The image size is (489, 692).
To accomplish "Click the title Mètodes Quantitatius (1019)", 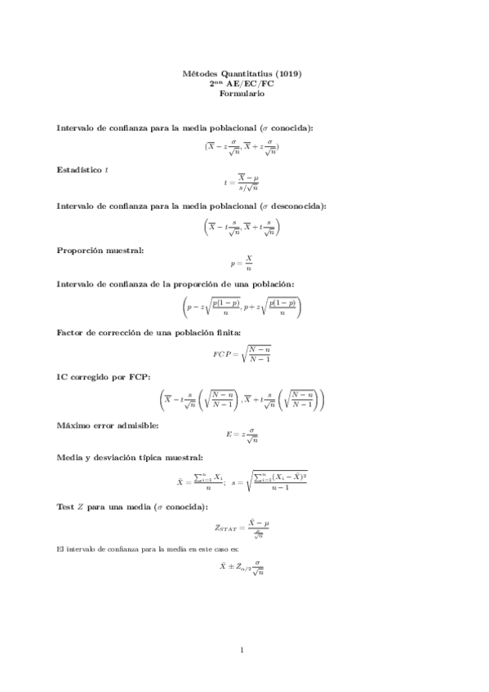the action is click(242, 73).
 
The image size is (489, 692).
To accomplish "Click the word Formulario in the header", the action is click(242, 93).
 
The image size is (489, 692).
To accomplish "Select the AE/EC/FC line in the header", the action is click(242, 83).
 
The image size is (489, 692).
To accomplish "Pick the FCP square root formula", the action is click(242, 353).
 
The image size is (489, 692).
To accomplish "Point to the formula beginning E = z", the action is click(242, 437).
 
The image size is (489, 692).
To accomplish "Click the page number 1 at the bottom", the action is click(242, 650).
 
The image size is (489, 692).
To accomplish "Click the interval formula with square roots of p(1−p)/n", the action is click(242, 307).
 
